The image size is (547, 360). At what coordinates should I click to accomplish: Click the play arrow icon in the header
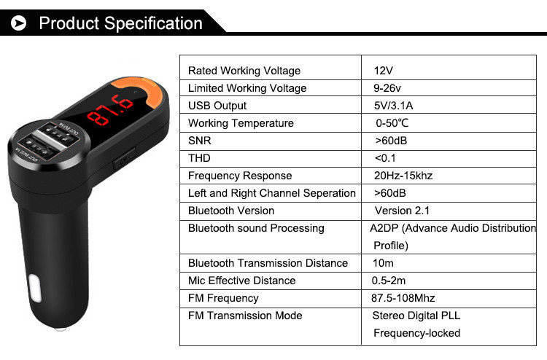coord(18,23)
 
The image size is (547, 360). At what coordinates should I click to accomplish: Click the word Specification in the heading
coord(153,24)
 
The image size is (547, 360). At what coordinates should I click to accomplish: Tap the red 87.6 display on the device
coord(110,110)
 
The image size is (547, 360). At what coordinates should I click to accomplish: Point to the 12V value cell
coord(384,71)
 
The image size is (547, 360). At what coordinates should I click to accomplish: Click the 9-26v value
coord(387,88)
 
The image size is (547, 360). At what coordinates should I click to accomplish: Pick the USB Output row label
coord(217,106)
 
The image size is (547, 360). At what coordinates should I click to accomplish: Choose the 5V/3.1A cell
coord(394,106)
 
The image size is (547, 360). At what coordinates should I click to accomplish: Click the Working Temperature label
coord(241,123)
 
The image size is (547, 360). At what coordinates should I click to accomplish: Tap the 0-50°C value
coord(392,123)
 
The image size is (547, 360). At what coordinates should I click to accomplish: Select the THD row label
coord(199,158)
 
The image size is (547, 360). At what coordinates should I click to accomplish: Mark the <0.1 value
coord(386,158)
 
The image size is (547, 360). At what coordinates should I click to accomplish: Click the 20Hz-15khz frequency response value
coord(403,176)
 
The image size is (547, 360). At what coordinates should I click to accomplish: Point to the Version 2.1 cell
coord(402,211)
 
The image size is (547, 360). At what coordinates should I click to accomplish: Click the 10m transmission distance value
coord(383,263)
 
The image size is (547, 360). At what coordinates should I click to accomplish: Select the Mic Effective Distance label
coord(241,281)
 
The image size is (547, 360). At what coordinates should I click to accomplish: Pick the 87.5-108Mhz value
coord(403,298)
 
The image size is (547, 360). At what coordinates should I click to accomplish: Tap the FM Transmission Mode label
coord(245,316)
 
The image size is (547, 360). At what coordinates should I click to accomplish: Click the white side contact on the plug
coord(35,288)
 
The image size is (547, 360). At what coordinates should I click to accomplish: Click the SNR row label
coord(200,141)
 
